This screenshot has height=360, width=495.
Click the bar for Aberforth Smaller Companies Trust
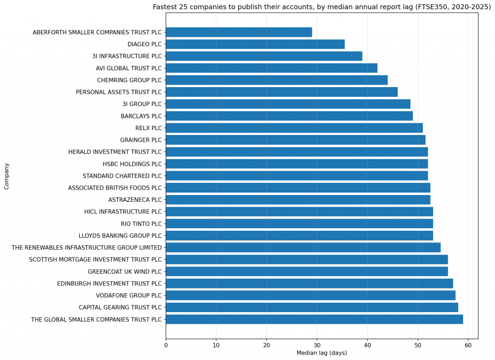coord(239,32)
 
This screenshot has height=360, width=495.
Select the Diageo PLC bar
coord(255,44)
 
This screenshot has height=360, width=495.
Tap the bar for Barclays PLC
coord(289,116)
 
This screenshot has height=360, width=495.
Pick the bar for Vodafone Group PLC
coord(310,295)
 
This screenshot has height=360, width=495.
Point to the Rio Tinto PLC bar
coord(299,224)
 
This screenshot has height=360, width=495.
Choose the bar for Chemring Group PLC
coord(277,80)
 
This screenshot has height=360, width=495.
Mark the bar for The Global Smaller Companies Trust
coord(314,319)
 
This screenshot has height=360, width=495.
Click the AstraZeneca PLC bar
coord(298,200)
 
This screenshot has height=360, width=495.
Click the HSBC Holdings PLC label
coord(132,164)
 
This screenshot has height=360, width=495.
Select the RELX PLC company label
coord(149,128)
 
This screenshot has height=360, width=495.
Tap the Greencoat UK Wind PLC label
coord(125,271)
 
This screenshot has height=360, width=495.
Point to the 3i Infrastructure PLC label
coord(127,56)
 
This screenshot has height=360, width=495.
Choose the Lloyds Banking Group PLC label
coord(120,236)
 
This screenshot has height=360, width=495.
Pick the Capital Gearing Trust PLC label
coord(120,307)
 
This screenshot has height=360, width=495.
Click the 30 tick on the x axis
coord(317,345)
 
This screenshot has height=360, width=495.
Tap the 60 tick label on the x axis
coord(468,345)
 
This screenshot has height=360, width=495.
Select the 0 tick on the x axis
coord(166,345)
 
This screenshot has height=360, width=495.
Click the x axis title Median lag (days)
coord(321,353)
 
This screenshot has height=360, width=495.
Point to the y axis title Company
coord(6,176)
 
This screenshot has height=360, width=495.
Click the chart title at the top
coord(321,7)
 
